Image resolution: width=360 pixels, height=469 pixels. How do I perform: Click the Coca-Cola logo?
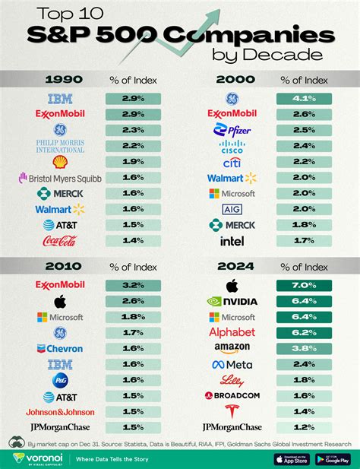pyautogui.click(x=58, y=241)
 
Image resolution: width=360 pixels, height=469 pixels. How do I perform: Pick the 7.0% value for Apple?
pyautogui.click(x=303, y=285)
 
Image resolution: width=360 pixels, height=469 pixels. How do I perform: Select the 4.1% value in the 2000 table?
pyautogui.click(x=303, y=99)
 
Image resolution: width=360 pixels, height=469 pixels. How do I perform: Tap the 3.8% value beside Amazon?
pyautogui.click(x=303, y=348)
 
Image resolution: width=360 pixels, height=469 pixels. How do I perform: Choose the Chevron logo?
pyautogui.click(x=58, y=348)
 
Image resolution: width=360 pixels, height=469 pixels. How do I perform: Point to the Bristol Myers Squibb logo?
pyautogui.click(x=58, y=178)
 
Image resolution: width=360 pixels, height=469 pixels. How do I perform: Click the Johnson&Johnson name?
pyautogui.click(x=58, y=411)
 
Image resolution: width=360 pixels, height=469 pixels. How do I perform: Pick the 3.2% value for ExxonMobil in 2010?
pyautogui.click(x=133, y=285)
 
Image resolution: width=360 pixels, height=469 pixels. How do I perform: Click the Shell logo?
pyautogui.click(x=58, y=162)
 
